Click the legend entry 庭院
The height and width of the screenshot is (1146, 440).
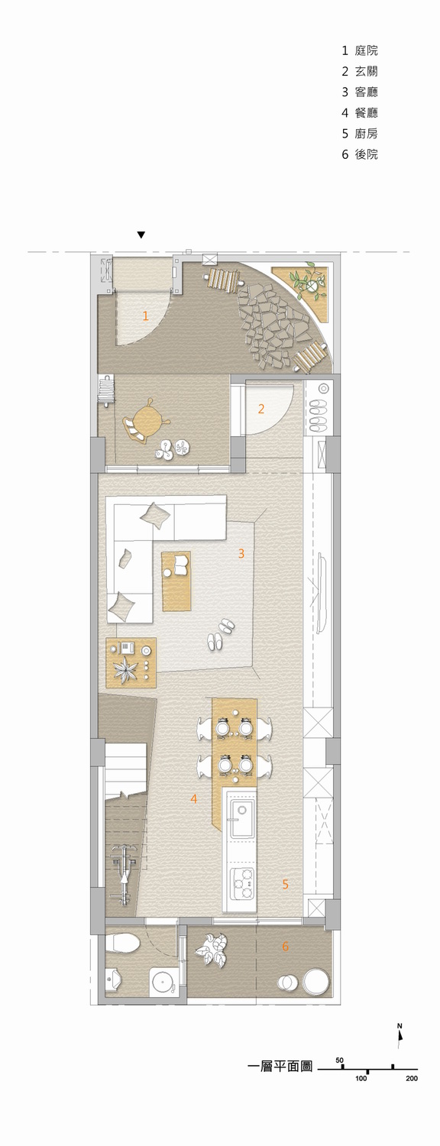pos(367,50)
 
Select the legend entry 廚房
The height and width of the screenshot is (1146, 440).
pos(367,134)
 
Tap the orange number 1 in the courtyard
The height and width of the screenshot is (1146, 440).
pos(145,316)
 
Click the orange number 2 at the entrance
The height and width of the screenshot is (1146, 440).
pos(261,409)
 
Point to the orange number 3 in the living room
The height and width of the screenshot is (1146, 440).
pos(241,553)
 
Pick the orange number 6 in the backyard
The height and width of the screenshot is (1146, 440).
pos(286,947)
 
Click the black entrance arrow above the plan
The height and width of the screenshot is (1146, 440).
pos(141,235)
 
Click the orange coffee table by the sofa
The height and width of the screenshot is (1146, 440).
pos(176,581)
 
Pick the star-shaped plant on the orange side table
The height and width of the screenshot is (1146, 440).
pos(125,668)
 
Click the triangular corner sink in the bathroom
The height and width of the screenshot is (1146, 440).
pos(112,978)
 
